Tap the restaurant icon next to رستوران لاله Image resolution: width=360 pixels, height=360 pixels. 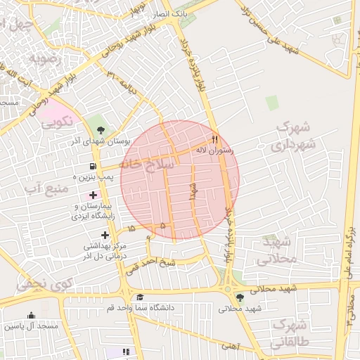coord(215,139)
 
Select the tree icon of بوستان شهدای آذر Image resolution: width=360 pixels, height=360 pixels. coord(101,130)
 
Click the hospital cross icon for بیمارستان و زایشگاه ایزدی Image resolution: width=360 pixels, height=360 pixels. coord(93,194)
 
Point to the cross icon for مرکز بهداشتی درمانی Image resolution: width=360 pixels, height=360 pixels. coord(105,235)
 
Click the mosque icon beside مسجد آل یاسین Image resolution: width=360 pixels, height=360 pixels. coord(31,315)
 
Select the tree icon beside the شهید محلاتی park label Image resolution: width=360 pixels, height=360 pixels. coord(240,297)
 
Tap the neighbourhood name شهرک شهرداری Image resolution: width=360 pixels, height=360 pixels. coord(293,136)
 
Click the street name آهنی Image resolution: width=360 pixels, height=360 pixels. coord(229,345)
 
